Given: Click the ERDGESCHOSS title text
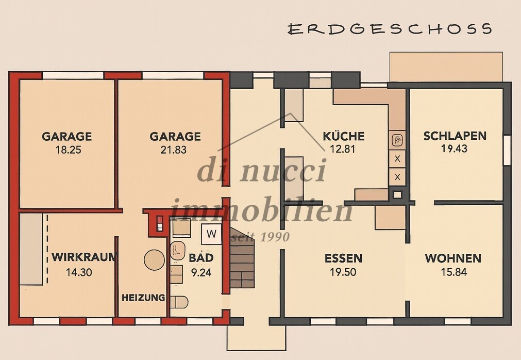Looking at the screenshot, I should click(390, 28).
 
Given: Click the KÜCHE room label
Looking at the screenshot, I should click(344, 137).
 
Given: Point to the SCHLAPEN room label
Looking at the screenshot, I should click(455, 136).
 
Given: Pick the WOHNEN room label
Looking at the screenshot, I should click(453, 258).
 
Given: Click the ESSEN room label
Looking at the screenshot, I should click(343, 258).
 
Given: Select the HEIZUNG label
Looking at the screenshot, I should click(143, 298).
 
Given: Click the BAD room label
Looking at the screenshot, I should click(201, 258).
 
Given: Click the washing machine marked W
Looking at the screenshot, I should click(211, 234).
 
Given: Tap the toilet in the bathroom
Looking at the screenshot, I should click(179, 302).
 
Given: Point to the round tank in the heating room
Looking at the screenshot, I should click(154, 259).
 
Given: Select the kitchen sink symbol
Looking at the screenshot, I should click(397, 139).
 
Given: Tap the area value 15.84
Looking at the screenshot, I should click(453, 272).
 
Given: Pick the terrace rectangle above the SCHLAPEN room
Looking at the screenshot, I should click(446, 67).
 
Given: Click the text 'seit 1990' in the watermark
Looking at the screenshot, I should click(260, 237).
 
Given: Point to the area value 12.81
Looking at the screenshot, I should click(344, 150).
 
